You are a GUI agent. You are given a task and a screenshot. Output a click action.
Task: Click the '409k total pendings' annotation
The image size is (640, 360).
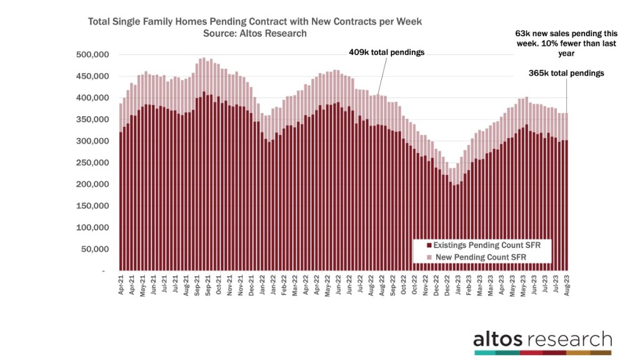click(386, 52)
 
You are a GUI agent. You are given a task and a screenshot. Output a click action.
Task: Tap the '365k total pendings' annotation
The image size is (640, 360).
click(566, 73)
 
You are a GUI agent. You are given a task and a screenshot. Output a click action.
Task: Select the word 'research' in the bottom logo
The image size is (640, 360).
click(569, 340)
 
